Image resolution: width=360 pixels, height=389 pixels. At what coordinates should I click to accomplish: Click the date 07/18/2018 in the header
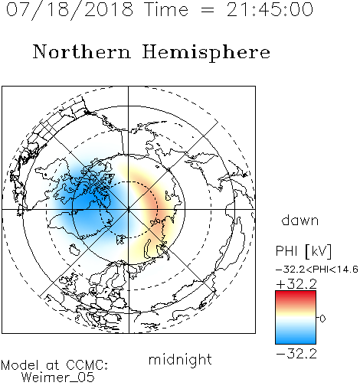70,10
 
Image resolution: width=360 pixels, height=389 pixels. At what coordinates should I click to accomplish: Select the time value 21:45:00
270,9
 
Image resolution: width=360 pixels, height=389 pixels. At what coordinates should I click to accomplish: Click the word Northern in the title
82,51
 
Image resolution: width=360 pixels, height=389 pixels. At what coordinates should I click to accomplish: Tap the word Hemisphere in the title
206,53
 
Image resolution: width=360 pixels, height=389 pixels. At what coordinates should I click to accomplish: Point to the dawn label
300,221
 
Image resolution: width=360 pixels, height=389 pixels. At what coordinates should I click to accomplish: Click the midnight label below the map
180,360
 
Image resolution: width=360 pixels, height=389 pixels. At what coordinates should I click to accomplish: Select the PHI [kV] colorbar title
303,251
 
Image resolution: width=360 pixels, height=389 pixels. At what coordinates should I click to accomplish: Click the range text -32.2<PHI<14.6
317,270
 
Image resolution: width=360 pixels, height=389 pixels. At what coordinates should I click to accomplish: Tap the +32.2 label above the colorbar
296,284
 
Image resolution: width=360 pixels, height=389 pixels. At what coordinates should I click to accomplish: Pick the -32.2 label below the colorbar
296,354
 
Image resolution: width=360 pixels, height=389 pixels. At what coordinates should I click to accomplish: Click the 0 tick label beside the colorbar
322,319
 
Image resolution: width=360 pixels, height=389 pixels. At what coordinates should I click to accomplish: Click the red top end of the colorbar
296,293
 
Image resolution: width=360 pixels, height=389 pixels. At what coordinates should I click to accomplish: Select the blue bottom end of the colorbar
296,341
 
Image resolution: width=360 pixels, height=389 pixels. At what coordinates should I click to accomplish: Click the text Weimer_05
58,378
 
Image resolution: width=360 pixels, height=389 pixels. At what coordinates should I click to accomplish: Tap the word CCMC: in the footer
87,365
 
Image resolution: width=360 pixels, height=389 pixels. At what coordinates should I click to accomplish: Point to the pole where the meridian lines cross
128,210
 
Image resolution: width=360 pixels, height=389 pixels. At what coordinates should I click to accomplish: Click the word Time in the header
166,9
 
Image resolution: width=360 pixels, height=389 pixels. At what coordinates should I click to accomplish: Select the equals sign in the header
208,10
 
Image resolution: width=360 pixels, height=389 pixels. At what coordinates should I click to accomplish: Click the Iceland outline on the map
74,250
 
